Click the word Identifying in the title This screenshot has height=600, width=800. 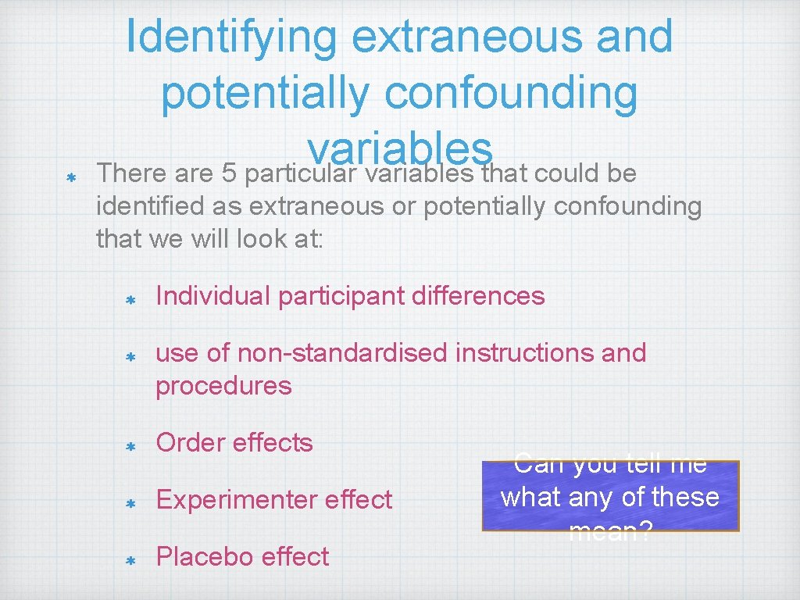point(231,36)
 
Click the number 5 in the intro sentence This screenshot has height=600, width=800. point(230,173)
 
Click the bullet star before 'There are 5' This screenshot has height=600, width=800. point(70,178)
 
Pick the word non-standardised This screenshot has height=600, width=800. point(343,353)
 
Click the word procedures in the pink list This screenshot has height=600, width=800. point(223,386)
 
